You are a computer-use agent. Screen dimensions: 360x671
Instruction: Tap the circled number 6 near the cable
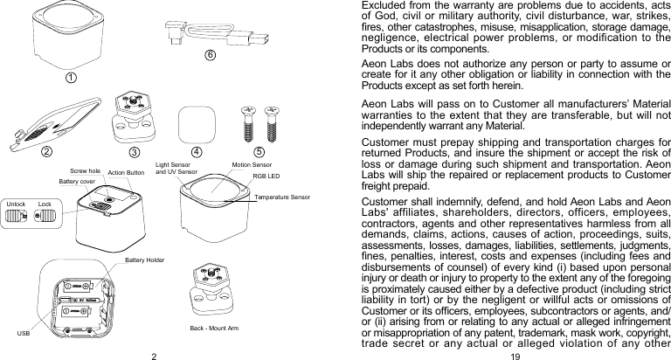pos(210,55)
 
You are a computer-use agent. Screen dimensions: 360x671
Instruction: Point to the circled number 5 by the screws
pos(259,150)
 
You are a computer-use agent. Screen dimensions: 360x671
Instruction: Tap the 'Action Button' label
pos(126,173)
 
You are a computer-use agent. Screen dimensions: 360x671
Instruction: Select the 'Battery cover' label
pos(77,182)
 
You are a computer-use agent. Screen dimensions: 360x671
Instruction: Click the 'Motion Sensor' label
pos(252,164)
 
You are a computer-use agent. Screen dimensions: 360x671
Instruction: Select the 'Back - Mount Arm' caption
pos(214,328)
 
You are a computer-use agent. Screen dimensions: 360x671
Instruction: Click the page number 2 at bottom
pos(153,354)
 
